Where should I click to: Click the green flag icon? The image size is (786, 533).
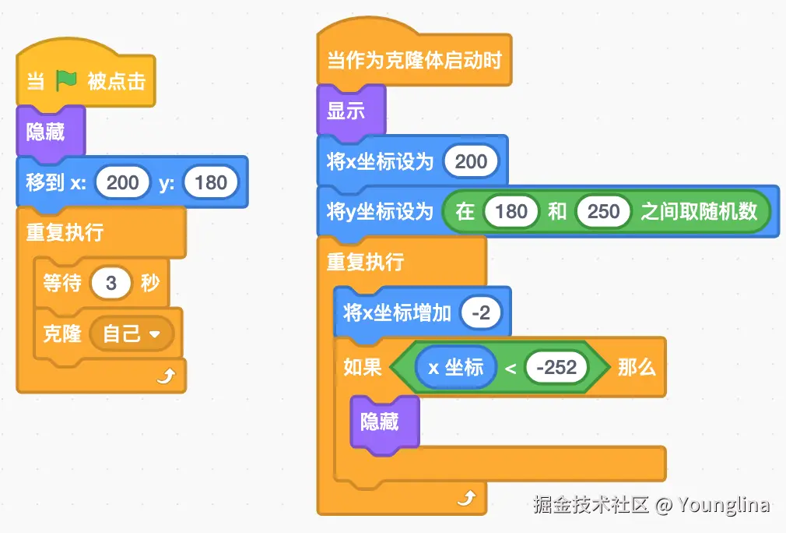66,80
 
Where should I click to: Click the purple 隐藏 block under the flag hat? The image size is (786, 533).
47,132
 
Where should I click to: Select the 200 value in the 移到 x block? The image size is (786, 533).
122,183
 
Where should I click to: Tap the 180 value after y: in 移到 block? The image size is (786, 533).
211,183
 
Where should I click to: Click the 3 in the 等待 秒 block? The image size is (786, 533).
111,283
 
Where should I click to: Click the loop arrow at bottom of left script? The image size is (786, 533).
165,377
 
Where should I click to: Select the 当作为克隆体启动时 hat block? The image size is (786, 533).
413,60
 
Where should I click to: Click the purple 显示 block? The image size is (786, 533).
347,111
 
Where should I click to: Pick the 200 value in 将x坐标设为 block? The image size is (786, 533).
471,161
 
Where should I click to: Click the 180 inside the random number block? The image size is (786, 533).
511,212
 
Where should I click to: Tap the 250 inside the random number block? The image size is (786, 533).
603,212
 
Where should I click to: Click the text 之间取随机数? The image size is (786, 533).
698,212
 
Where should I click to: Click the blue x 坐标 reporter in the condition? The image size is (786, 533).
455,367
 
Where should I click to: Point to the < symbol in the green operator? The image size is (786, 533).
511,368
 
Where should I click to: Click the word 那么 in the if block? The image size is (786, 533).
637,367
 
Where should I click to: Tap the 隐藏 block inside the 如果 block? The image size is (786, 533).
381,422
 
